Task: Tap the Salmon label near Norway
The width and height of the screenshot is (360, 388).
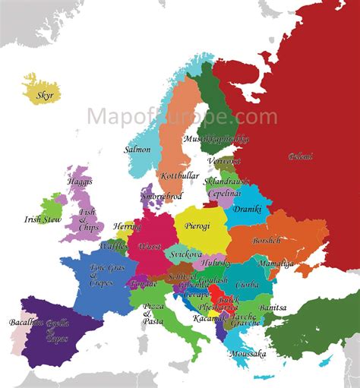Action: point(137,150)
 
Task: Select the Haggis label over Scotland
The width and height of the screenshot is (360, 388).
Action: point(79,182)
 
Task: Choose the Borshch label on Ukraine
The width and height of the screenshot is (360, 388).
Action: point(267,240)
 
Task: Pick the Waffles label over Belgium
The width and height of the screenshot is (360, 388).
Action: point(112,247)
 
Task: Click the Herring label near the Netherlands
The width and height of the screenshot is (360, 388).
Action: point(127,226)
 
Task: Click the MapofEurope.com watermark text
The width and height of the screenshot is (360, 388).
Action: point(182,116)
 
